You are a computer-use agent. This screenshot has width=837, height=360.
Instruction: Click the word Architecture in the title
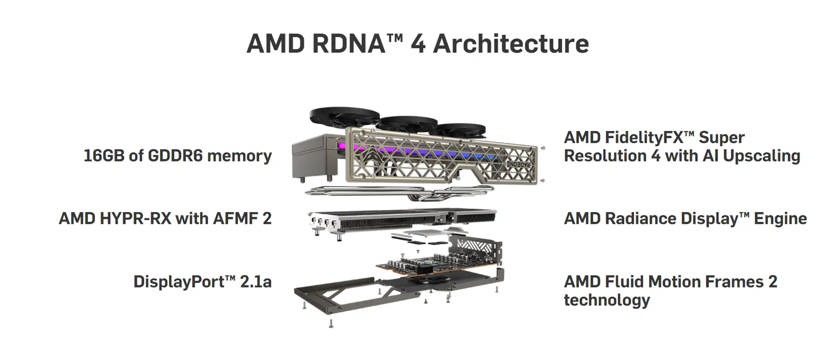point(511,44)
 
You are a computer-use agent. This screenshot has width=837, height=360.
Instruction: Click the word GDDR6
point(175,155)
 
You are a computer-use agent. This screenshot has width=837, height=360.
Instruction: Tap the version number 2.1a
point(256,281)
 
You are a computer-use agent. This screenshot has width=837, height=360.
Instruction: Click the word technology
point(607,300)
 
